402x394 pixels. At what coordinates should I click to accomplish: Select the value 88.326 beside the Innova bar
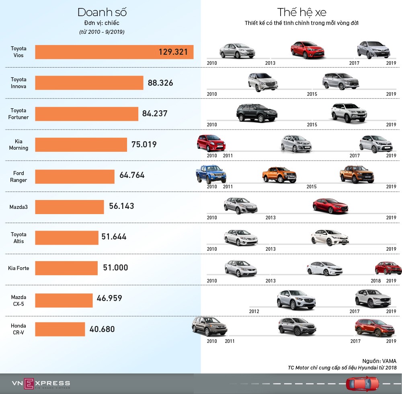[160, 83]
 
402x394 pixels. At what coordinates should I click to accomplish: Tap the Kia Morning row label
[18, 144]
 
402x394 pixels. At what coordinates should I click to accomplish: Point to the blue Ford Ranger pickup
[211, 174]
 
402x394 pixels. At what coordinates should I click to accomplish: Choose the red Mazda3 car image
[330, 205]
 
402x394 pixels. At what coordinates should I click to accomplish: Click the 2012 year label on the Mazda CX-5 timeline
[254, 311]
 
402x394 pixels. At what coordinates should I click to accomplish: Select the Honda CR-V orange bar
[60, 329]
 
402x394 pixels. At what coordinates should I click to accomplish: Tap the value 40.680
[102, 329]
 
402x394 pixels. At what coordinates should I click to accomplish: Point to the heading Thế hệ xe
[301, 12]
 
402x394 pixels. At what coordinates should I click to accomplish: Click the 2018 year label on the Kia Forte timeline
[375, 281]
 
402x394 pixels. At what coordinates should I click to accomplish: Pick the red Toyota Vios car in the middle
[307, 50]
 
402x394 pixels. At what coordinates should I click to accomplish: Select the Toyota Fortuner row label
[18, 113]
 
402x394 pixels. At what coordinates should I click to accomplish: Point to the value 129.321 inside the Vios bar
[173, 52]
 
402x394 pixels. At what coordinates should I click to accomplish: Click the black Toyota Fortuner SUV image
[257, 112]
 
